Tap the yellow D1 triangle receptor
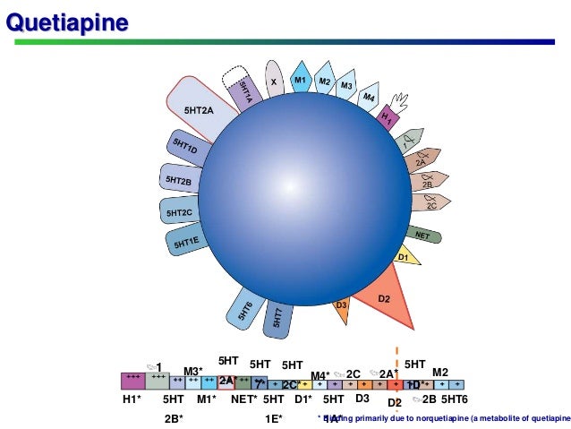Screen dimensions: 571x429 [405, 258]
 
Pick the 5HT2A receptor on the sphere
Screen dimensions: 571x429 [198, 109]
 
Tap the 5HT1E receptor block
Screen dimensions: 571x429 [186, 240]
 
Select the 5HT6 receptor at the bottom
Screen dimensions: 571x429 [246, 309]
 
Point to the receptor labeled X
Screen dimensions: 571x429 [274, 82]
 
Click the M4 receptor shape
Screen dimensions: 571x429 [367, 98]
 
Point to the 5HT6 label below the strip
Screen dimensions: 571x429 [455, 399]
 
